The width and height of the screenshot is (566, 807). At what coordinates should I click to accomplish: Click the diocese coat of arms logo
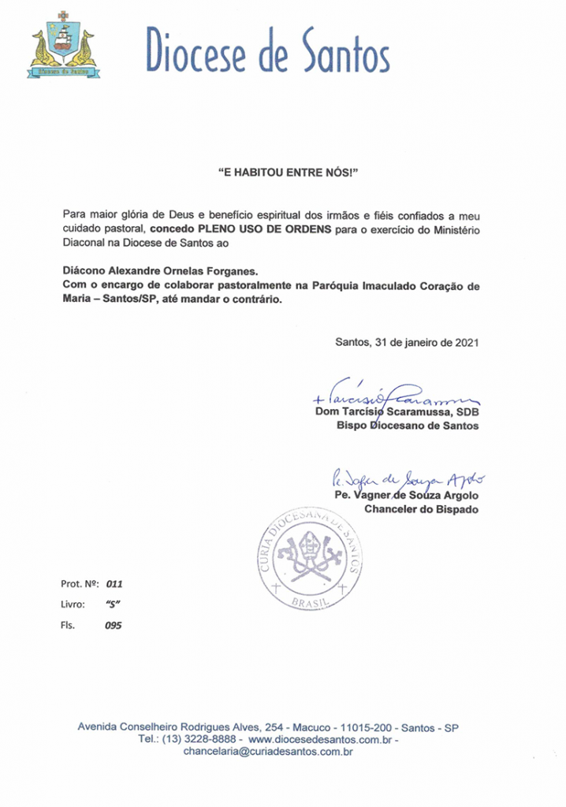tap(62, 47)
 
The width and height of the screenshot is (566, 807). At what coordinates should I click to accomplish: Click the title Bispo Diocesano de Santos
tap(408, 426)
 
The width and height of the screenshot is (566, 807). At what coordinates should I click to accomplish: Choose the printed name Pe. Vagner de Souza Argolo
tap(406, 495)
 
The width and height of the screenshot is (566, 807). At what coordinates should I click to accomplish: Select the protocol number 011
tap(114, 584)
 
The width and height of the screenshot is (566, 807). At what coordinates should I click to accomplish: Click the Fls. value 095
tap(114, 626)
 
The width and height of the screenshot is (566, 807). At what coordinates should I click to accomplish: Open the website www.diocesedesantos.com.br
tap(321, 740)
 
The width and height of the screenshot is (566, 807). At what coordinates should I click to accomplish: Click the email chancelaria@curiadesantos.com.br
tap(267, 753)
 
